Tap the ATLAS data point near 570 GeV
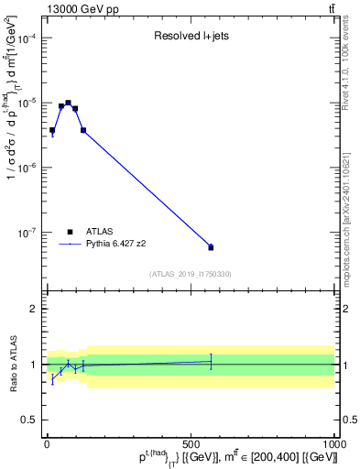(x=211, y=247)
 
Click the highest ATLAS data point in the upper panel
(x=68, y=103)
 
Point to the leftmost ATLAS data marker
(x=52, y=130)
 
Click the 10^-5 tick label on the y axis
(x=27, y=103)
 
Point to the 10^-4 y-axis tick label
(x=27, y=38)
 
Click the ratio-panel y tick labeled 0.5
(x=31, y=420)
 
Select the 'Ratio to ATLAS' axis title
(x=12, y=365)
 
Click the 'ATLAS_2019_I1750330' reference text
(x=190, y=274)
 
